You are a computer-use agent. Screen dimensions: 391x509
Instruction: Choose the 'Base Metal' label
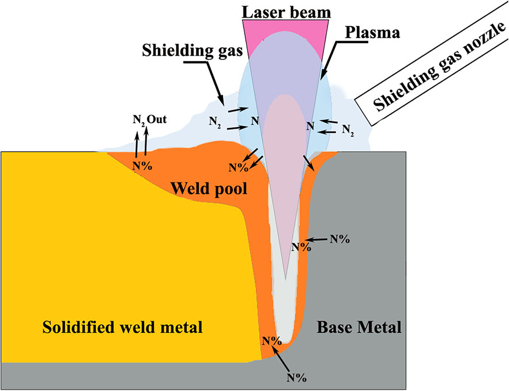359,327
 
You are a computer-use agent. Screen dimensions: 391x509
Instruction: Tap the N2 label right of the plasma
347,128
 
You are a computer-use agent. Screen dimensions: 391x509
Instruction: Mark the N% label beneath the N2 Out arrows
142,165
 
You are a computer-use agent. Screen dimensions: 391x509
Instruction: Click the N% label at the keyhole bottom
272,340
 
